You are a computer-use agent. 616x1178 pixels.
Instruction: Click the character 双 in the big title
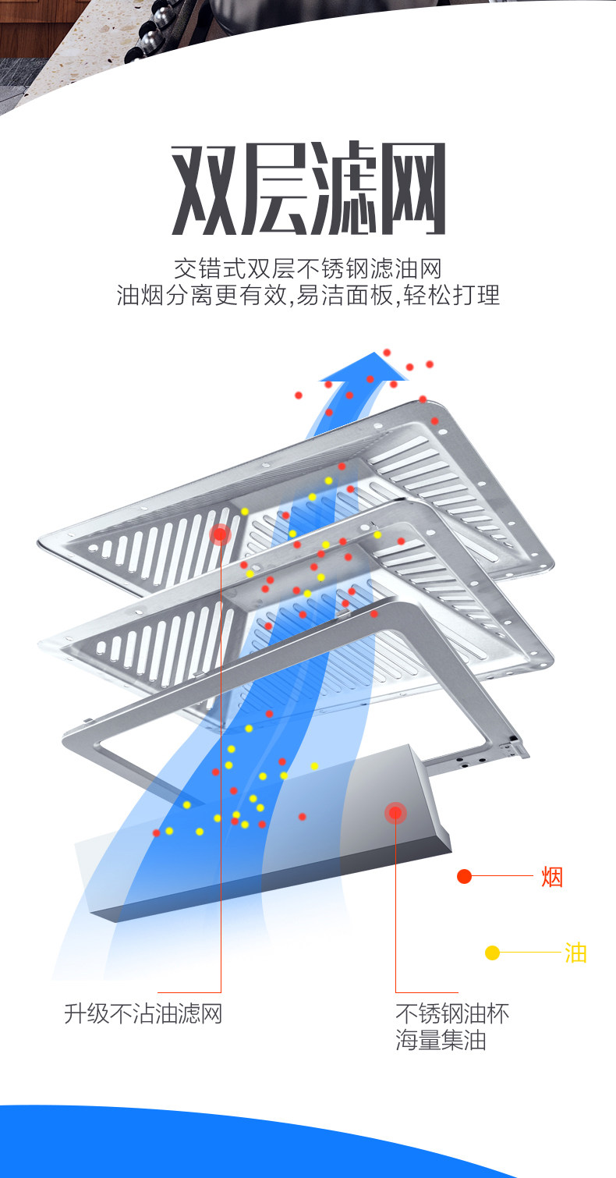pos(204,189)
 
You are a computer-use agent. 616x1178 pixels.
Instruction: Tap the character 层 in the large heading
pos(273,189)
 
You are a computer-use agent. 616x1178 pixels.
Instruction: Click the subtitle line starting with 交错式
pos(307,269)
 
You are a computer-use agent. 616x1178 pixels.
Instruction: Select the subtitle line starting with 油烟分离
pos(307,296)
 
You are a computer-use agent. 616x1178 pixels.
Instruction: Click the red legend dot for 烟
pos(465,876)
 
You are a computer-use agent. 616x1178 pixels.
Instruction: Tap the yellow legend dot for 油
pos(492,953)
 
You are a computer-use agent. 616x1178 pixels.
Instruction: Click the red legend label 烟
pos(551,877)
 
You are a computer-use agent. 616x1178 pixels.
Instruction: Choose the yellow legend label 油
pos(575,953)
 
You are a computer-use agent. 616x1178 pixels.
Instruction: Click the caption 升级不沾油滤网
pos(143,1013)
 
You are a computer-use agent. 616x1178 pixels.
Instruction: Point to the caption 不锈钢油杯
pos(452,1013)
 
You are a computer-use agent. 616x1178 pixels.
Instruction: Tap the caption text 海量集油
pos(441,1041)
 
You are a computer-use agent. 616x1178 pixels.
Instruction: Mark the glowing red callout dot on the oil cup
pos(395,814)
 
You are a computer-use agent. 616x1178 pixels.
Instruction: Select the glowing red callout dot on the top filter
pos(221,534)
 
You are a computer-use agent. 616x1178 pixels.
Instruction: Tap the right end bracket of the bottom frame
pos(516,746)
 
